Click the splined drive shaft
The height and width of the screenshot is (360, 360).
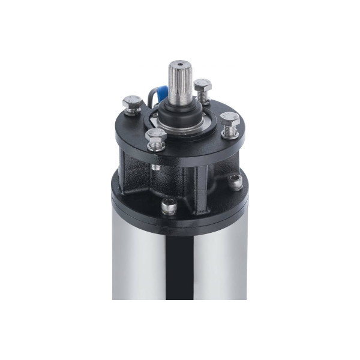click(179, 84)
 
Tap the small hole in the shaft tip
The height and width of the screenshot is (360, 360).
click(179, 63)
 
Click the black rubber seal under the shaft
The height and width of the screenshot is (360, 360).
click(180, 112)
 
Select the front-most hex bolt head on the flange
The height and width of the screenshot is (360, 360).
click(156, 136)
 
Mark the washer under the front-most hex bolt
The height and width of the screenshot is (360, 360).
click(156, 146)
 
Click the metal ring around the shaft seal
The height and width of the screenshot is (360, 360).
click(180, 122)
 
